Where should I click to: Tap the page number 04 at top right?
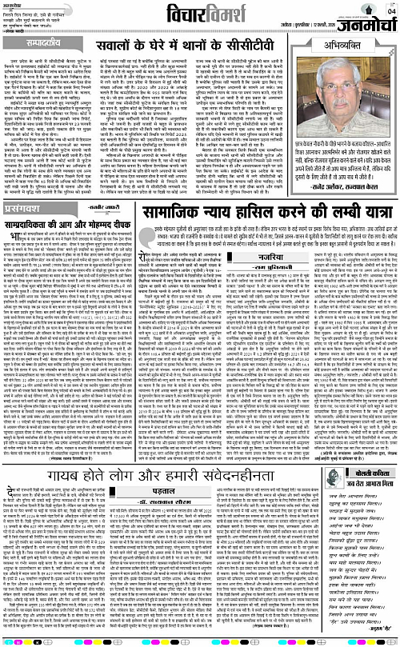[390, 9]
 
